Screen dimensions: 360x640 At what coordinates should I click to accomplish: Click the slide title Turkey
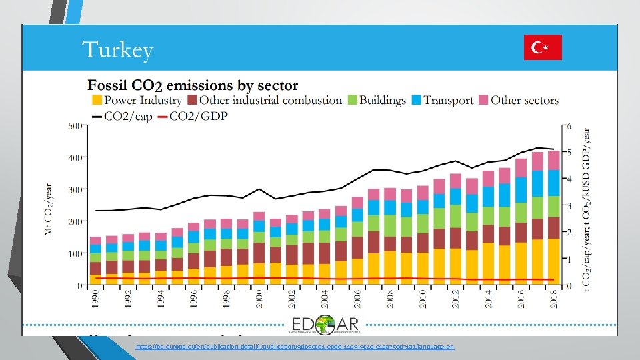click(117, 50)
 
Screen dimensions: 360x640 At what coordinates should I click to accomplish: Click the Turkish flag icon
click(543, 47)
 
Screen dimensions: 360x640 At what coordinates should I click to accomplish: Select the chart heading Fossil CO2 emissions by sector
click(193, 85)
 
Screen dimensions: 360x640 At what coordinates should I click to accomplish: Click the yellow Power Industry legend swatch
click(96, 101)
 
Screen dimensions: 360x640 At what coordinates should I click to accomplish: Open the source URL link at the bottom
click(294, 347)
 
